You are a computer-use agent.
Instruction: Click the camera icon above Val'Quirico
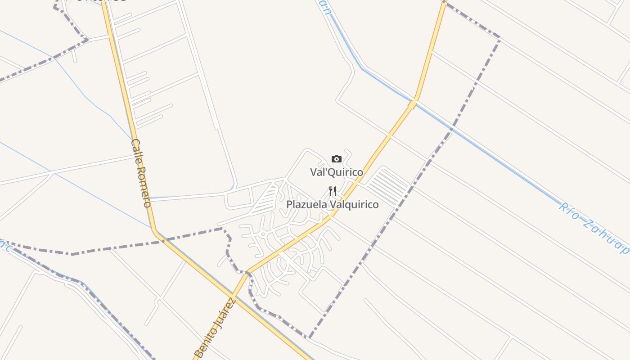coord(336,159)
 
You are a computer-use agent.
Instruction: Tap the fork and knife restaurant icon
coord(333,191)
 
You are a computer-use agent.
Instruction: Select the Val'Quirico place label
coord(337,172)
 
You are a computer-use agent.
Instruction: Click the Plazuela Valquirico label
coord(333,205)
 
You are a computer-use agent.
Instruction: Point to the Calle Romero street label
coord(141,173)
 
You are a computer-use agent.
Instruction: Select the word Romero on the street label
coord(144,187)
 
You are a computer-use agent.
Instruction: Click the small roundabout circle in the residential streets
coord(263,234)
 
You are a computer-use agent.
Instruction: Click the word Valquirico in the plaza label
coord(354,205)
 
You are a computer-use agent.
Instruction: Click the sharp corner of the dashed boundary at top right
coord(500,39)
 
